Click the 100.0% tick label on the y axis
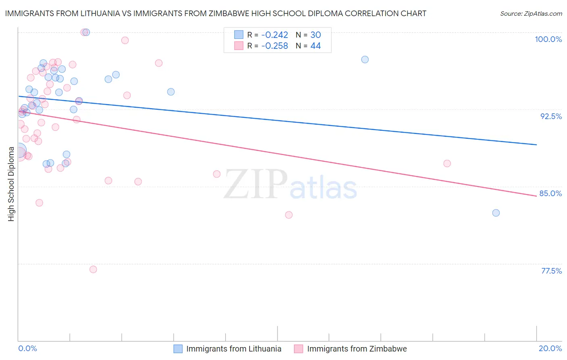click(548, 39)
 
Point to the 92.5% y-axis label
click(551, 116)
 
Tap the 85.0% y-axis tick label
click(550, 193)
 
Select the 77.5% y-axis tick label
click(551, 271)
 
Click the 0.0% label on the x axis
click(27, 348)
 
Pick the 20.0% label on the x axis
click(550, 348)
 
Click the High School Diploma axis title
click(11, 184)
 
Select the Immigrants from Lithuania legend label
click(233, 349)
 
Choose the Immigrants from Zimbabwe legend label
click(357, 349)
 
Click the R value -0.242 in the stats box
click(275, 35)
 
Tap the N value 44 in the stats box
click(315, 46)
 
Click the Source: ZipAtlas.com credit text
click(531, 14)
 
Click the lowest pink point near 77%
click(93, 269)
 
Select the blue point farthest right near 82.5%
click(496, 213)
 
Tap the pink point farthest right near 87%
click(447, 163)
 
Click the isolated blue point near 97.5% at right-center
click(365, 59)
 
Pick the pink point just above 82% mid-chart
click(289, 215)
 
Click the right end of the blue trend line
click(536, 144)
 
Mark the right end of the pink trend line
click(536, 196)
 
